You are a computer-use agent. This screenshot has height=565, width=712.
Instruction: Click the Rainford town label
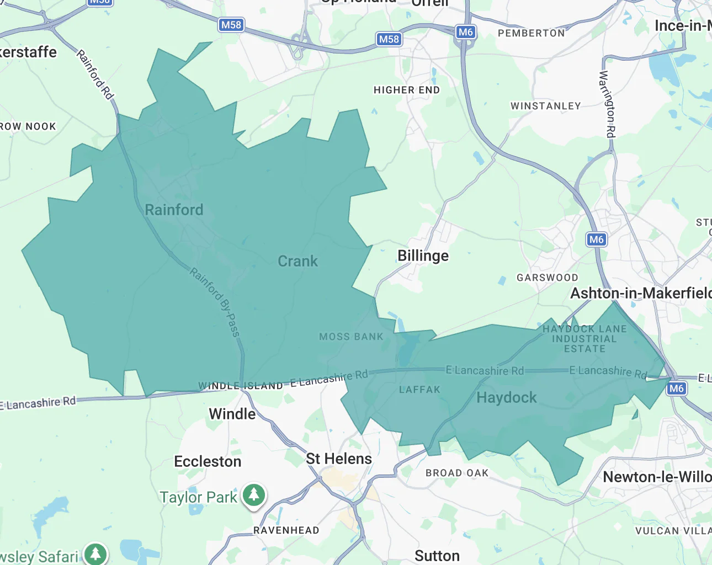pyautogui.click(x=174, y=210)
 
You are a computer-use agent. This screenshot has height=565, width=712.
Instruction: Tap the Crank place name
pyautogui.click(x=297, y=261)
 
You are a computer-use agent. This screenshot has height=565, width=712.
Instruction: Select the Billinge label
pyautogui.click(x=423, y=255)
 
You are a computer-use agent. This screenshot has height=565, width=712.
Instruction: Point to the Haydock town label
pyautogui.click(x=506, y=397)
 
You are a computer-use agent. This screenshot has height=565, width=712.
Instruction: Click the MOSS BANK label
pyautogui.click(x=351, y=337)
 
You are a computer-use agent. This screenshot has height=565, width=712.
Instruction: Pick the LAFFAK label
pyautogui.click(x=419, y=390)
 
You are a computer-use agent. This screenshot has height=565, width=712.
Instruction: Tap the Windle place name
pyautogui.click(x=232, y=414)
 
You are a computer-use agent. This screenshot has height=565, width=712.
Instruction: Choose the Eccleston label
pyautogui.click(x=208, y=461)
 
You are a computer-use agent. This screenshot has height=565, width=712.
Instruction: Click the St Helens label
pyautogui.click(x=339, y=459)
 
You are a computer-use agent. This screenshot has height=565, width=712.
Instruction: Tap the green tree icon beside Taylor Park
pyautogui.click(x=254, y=494)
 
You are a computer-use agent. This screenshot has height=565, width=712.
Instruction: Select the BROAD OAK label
pyautogui.click(x=457, y=473)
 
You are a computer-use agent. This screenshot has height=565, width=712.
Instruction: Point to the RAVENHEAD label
pyautogui.click(x=286, y=530)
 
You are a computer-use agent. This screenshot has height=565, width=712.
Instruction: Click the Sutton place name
pyautogui.click(x=437, y=556)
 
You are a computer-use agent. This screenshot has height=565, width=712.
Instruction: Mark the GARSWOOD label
pyautogui.click(x=547, y=278)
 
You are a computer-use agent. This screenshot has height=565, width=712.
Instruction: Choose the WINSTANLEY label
pyautogui.click(x=545, y=106)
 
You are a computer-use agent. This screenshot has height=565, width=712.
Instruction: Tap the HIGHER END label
pyautogui.click(x=407, y=90)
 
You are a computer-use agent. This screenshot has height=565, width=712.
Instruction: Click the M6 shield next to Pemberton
pyautogui.click(x=465, y=32)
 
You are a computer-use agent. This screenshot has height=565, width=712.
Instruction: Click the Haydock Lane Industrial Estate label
pyautogui.click(x=585, y=339)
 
